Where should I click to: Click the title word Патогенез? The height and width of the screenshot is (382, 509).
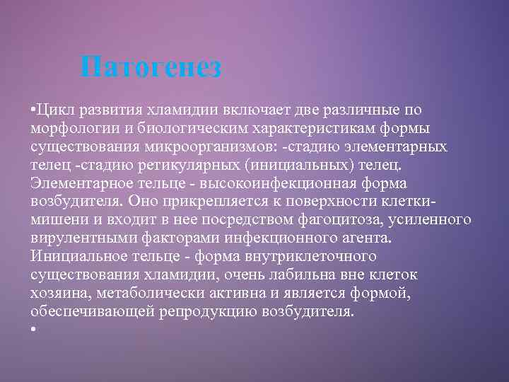[x=151, y=68]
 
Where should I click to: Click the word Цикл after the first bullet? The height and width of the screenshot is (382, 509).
[x=54, y=110]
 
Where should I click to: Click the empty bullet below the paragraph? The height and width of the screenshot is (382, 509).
[x=33, y=330]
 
